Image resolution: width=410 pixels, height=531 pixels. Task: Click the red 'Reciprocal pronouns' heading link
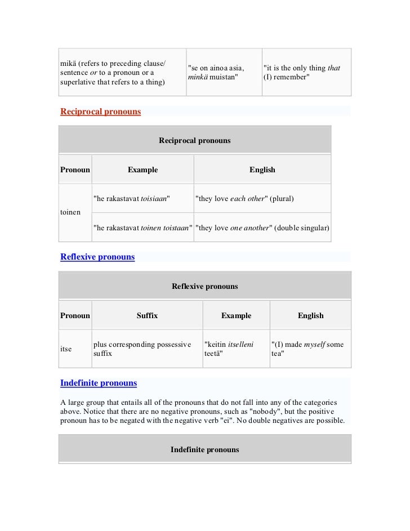101,111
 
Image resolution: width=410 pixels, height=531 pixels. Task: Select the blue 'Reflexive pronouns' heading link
97,257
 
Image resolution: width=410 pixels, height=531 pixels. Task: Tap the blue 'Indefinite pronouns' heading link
99,383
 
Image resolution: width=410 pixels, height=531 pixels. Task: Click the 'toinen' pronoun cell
70,213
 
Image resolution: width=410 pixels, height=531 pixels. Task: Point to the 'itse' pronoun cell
66,349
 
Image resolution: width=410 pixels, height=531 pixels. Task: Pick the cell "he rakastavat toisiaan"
132,199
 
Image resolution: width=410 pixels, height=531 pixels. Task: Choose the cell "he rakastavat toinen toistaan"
142,227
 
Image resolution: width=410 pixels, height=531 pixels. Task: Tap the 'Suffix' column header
147,315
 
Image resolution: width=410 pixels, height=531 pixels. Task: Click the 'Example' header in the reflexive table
236,315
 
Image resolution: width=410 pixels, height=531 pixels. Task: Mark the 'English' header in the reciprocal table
262,169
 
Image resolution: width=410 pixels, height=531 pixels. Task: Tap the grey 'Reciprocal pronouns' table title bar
195,140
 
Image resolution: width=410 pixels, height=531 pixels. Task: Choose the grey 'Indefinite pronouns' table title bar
205,449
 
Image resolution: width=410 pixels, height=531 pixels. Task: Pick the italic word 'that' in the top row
333,68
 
